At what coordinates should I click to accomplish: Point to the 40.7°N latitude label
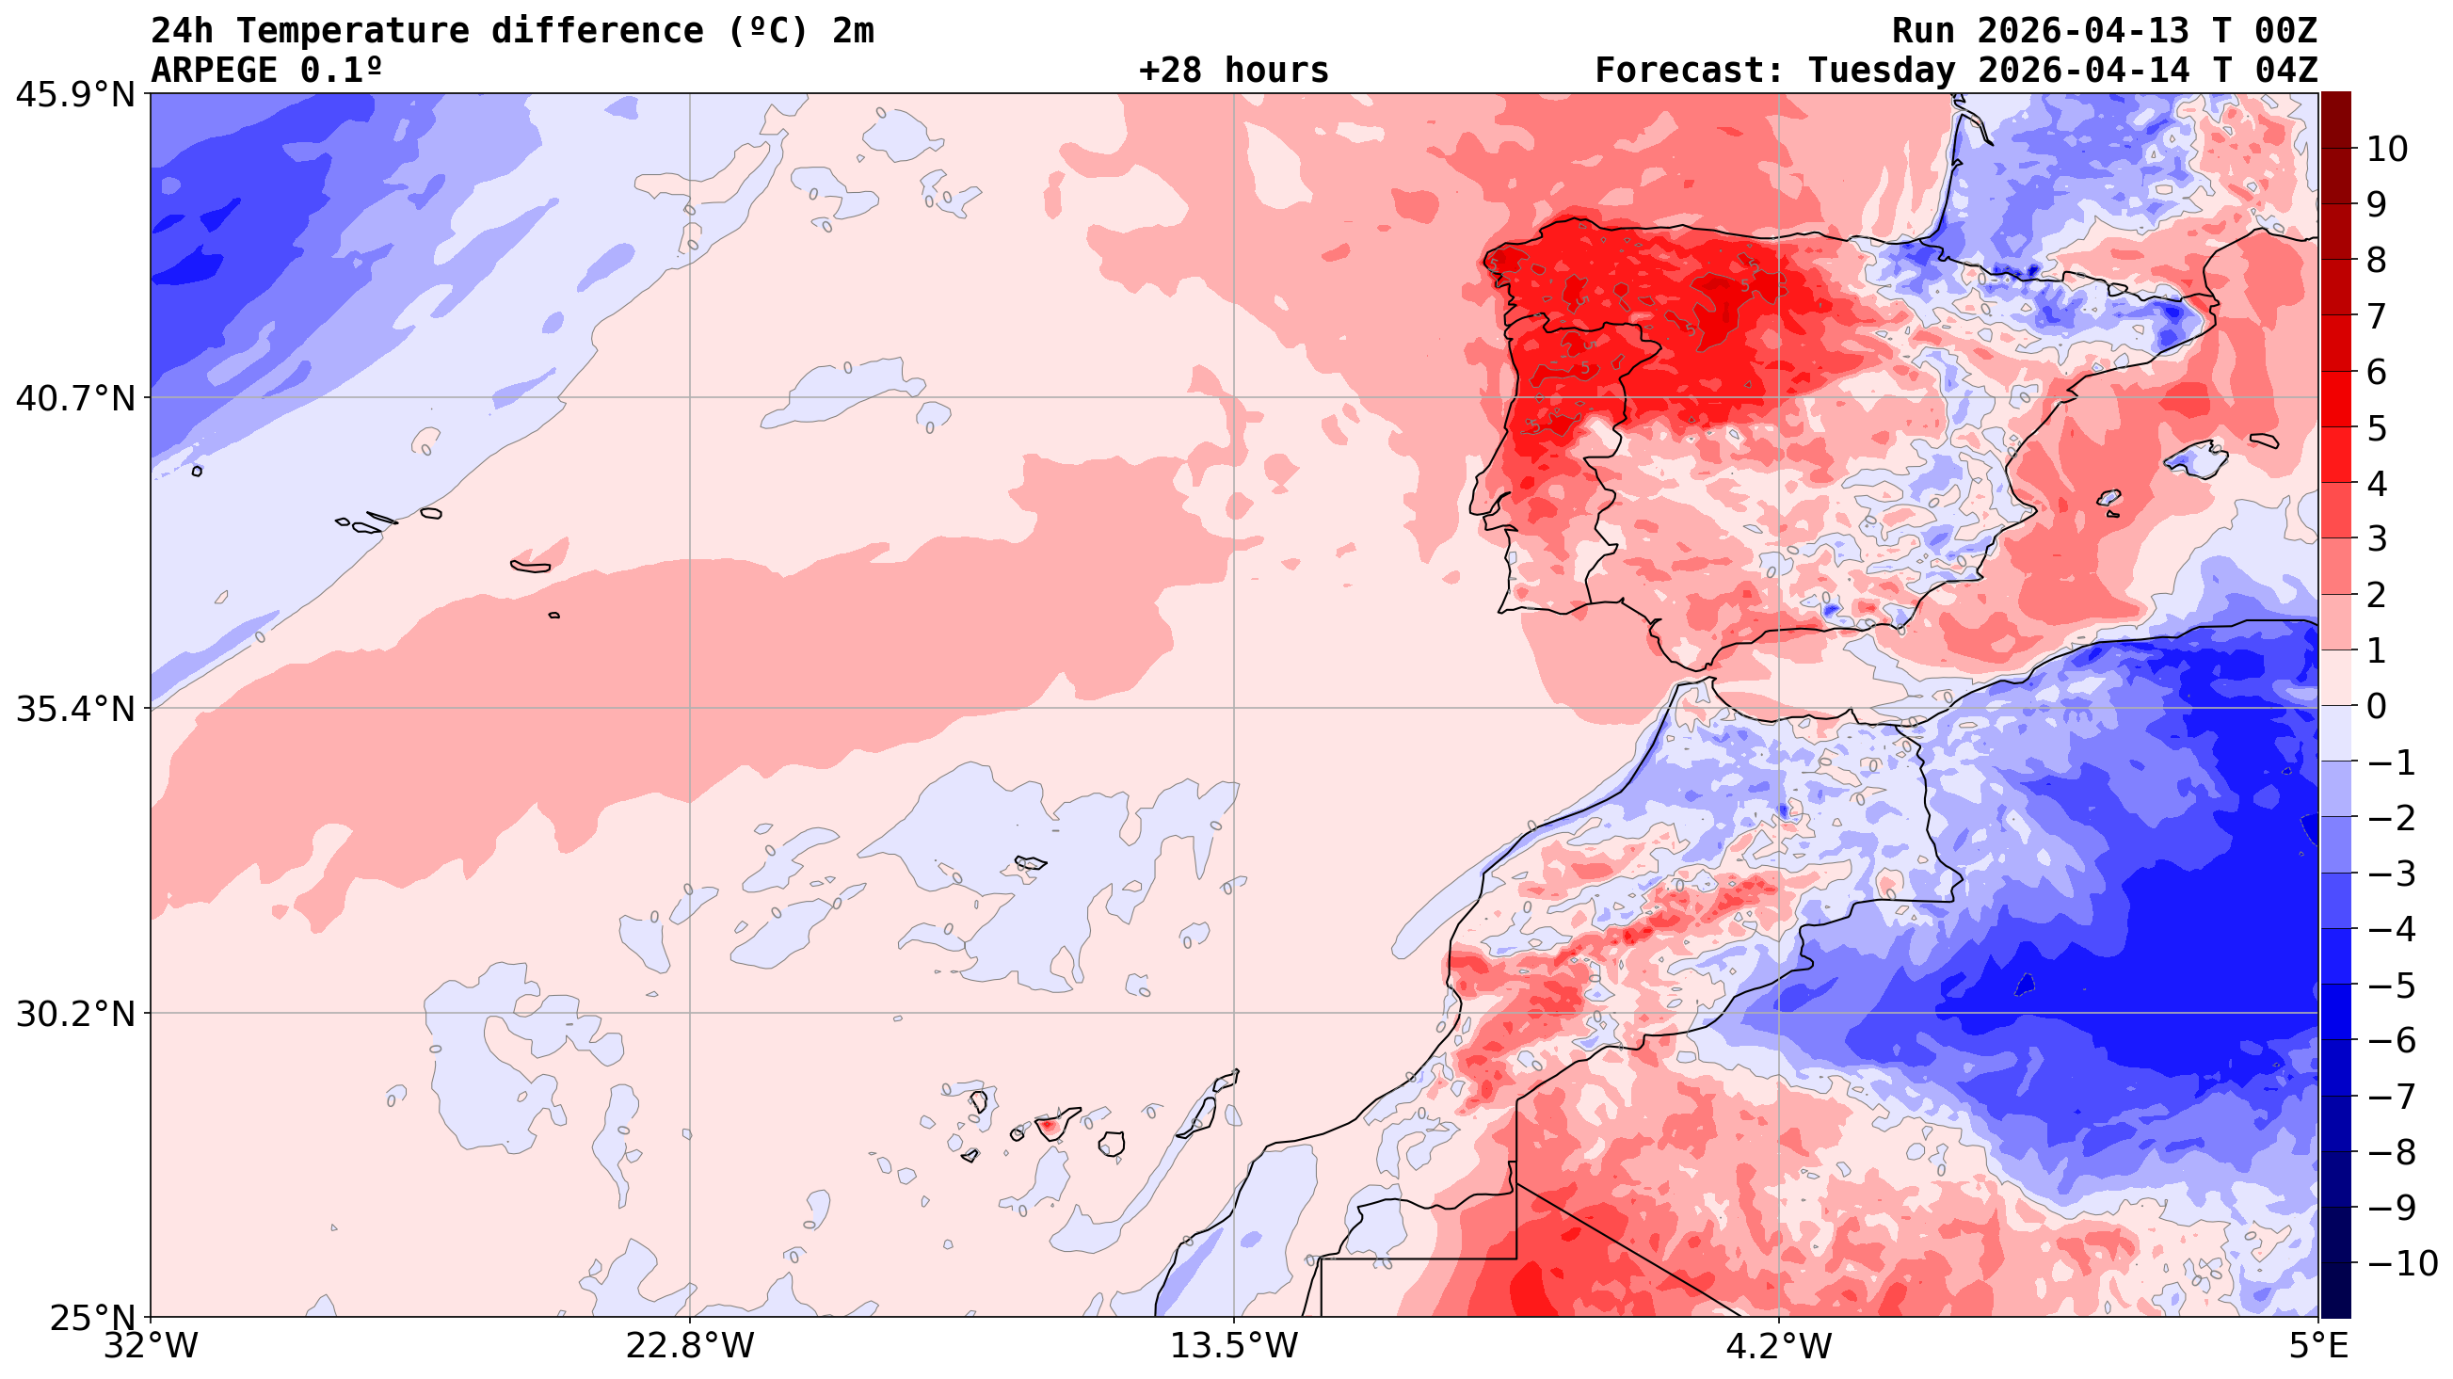(74, 398)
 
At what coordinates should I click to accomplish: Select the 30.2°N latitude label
(74, 1015)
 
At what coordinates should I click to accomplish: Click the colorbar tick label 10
(2387, 150)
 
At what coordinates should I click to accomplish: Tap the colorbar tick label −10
(2400, 1265)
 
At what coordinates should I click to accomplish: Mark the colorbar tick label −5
(2390, 986)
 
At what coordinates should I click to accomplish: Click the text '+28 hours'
(1233, 72)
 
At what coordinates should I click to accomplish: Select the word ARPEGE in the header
(216, 72)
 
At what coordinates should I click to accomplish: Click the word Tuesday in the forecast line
(1882, 72)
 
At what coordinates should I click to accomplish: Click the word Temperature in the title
(352, 31)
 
